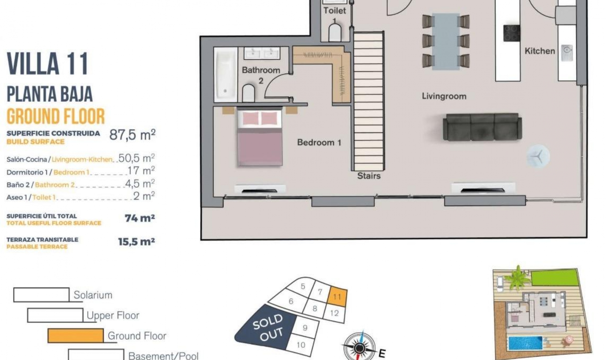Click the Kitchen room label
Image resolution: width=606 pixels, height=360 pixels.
(x=539, y=51)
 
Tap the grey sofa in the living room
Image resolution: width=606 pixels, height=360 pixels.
(x=482, y=127)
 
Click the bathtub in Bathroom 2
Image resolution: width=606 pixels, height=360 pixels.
(x=225, y=75)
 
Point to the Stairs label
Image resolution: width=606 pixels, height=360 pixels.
(x=369, y=176)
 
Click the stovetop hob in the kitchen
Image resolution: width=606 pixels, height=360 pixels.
(x=512, y=33)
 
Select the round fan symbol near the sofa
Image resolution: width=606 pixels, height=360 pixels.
(x=538, y=156)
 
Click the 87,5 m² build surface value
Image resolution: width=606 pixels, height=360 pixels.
(x=132, y=135)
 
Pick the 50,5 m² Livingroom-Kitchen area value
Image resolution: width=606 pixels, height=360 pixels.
(x=136, y=158)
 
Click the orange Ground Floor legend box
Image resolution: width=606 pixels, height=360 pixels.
(x=75, y=335)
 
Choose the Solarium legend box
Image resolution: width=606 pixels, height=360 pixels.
(x=41, y=295)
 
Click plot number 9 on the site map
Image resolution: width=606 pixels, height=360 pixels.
(x=305, y=328)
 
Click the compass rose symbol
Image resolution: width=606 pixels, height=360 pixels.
(x=359, y=347)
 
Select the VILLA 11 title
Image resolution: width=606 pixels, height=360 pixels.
(x=47, y=64)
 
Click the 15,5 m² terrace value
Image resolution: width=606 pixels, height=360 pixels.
(x=136, y=242)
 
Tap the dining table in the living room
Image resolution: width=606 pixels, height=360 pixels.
(x=446, y=41)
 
